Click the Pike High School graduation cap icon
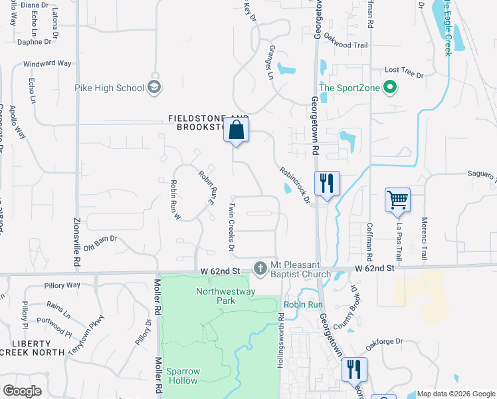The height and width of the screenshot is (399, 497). [154, 87]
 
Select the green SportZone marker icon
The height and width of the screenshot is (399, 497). [391, 87]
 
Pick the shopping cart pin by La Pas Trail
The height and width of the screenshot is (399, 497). [397, 199]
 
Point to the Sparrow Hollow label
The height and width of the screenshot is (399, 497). [182, 376]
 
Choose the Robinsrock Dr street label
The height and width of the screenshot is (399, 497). [295, 185]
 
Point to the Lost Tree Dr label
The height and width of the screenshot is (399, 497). [401, 70]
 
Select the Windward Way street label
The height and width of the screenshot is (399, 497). [47, 63]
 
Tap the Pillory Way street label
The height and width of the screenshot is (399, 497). [62, 285]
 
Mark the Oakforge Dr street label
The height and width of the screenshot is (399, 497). [385, 342]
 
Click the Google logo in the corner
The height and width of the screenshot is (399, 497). [22, 391]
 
